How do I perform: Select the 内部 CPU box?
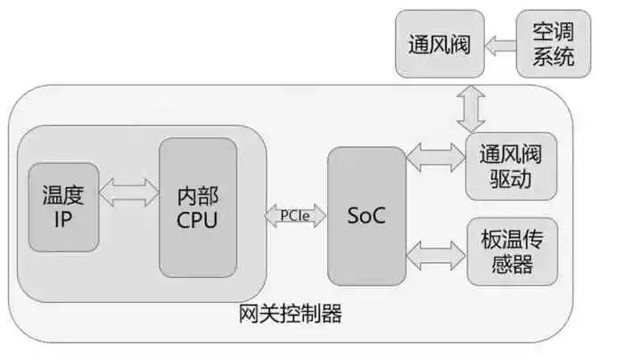coord(197,206)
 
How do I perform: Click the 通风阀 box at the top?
coord(440,43)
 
